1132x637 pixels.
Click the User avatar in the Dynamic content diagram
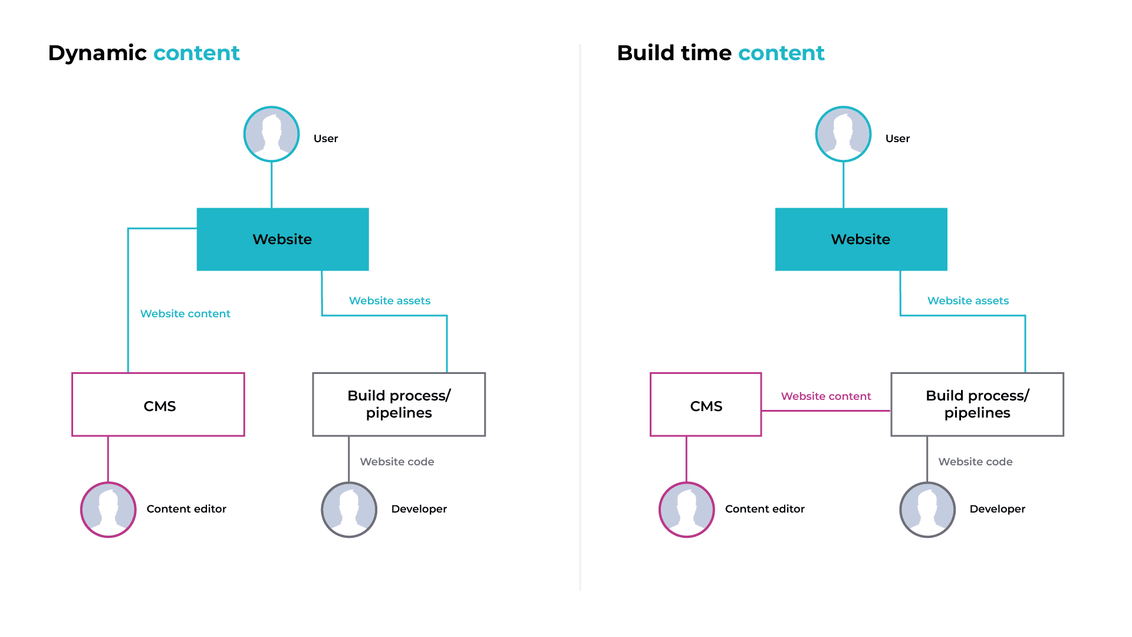(x=271, y=134)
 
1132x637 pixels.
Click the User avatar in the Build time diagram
(x=843, y=134)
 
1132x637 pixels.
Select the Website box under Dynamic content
(x=283, y=239)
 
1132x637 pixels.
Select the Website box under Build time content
(x=861, y=239)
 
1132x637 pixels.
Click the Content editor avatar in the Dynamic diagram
(x=108, y=510)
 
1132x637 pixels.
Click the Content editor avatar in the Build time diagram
(x=687, y=510)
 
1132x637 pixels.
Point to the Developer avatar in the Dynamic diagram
(x=349, y=510)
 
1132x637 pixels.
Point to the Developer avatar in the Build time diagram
(x=927, y=510)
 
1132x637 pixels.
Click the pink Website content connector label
(x=826, y=396)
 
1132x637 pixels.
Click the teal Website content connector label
(x=185, y=314)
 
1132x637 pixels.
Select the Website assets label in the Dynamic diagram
(x=390, y=301)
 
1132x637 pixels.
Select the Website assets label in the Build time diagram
(x=968, y=301)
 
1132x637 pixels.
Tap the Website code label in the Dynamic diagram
(x=397, y=462)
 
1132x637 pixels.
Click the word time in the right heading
(x=706, y=53)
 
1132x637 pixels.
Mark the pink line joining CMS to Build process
(x=826, y=411)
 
